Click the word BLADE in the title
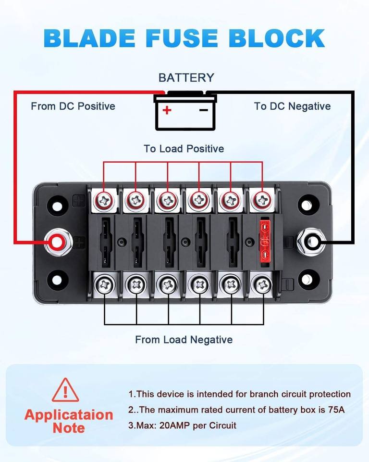[x=89, y=38]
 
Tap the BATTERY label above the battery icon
[x=186, y=78]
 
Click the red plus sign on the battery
[x=167, y=110]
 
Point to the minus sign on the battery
[x=204, y=110]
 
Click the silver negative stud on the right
[x=311, y=243]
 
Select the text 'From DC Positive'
[x=73, y=106]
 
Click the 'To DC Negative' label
[x=292, y=106]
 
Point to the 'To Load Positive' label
[x=184, y=149]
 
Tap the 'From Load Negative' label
[x=184, y=340]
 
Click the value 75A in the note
[x=336, y=410]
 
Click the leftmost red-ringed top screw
[x=104, y=200]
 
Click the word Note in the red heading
[x=69, y=428]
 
